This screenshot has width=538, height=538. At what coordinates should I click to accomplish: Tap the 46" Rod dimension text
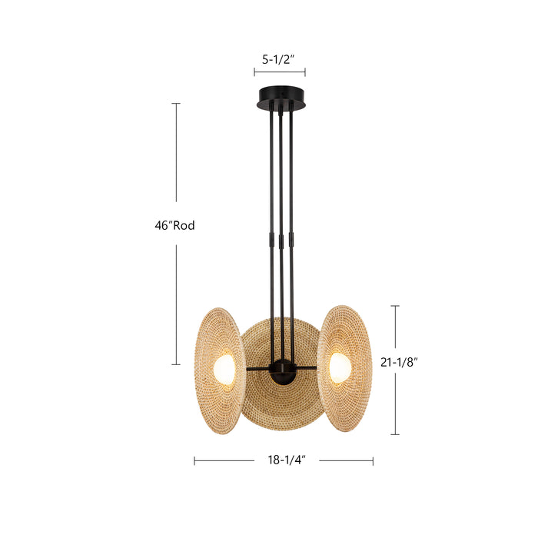pyautogui.click(x=174, y=225)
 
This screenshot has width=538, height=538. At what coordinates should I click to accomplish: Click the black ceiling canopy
pyautogui.click(x=280, y=100)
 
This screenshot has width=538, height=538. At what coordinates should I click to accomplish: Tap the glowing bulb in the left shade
pyautogui.click(x=224, y=367)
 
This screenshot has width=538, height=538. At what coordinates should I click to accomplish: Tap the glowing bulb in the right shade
pyautogui.click(x=339, y=366)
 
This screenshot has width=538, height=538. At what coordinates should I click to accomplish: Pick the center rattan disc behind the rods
pyautogui.click(x=281, y=407)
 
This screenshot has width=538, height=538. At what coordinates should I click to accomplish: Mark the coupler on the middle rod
pyautogui.click(x=281, y=241)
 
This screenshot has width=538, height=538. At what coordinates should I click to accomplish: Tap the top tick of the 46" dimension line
pyautogui.click(x=176, y=104)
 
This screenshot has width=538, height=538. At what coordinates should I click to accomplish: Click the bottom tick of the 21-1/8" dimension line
pyautogui.click(x=395, y=434)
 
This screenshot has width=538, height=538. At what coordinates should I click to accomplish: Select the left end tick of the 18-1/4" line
pyautogui.click(x=194, y=461)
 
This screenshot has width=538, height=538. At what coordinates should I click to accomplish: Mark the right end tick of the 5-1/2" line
pyautogui.click(x=305, y=71)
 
